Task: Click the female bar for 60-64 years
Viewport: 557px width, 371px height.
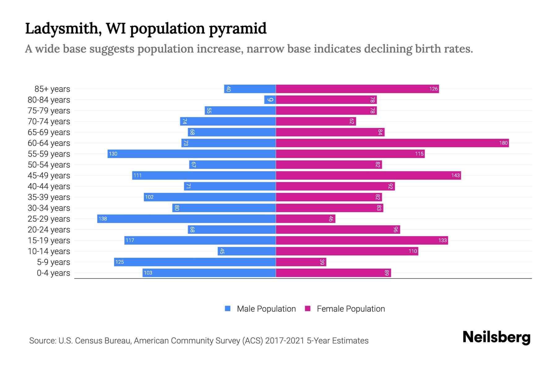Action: [x=392, y=143]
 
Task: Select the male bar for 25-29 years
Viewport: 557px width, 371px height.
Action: [x=186, y=219]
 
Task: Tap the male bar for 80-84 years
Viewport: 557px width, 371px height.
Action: [x=270, y=100]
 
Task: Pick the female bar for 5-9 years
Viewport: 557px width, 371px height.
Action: [x=301, y=262]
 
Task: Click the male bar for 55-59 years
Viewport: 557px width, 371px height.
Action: [x=192, y=154]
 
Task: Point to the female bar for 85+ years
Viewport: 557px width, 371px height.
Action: [x=357, y=89]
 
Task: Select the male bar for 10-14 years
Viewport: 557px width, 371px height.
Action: [x=247, y=251]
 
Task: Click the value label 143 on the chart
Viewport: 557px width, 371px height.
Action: [x=455, y=175]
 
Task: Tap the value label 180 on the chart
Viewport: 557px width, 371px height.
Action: [x=503, y=143]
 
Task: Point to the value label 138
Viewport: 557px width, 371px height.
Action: [x=103, y=219]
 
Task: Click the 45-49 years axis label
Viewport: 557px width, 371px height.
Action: [x=49, y=175]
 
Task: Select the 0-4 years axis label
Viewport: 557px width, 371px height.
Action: [x=53, y=273]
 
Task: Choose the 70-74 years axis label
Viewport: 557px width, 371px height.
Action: [x=49, y=121]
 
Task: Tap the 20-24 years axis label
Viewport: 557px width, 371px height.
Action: [x=49, y=229]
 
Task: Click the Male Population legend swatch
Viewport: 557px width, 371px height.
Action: [x=228, y=309]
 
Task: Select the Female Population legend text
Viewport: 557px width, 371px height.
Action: [x=351, y=309]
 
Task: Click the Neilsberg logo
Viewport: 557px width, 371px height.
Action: [x=496, y=337]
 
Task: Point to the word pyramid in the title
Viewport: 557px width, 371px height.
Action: [x=237, y=28]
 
